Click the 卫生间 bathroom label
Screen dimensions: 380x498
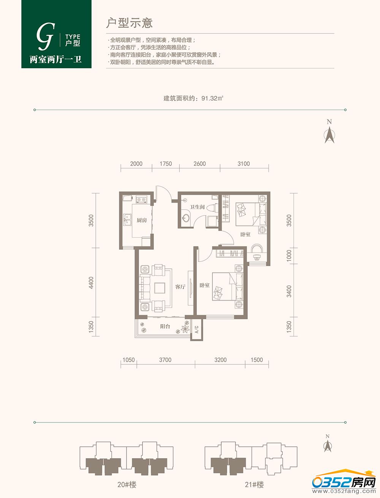[197, 207]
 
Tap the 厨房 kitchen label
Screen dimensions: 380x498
[142, 220]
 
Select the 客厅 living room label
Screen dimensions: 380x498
[180, 287]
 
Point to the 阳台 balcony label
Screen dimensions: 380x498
[165, 326]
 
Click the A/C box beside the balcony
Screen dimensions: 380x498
[197, 329]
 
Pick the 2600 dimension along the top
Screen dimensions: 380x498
[199, 164]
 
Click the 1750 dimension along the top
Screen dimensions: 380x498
[166, 164]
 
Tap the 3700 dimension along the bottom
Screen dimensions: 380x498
[165, 360]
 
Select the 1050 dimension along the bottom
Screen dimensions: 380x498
[128, 360]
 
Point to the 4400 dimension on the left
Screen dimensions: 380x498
[91, 283]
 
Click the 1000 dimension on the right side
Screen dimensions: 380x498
[289, 256]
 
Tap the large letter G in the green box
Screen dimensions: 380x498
[46, 36]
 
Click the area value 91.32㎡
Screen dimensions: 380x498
[212, 98]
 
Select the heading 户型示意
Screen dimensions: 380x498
[130, 23]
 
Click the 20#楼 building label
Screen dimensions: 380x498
[127, 485]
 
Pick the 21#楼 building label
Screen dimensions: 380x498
[254, 485]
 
